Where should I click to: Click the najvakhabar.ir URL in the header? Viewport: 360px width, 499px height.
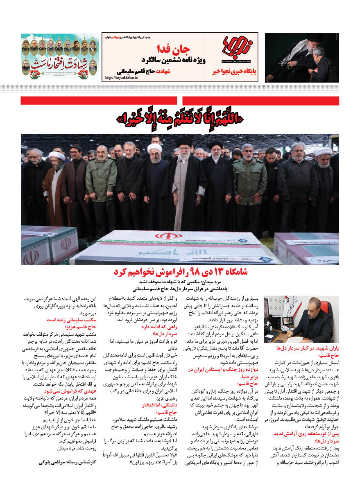(122, 77)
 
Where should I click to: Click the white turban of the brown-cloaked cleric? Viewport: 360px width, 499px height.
(57, 156)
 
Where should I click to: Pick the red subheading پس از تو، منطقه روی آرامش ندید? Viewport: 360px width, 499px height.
(302, 434)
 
